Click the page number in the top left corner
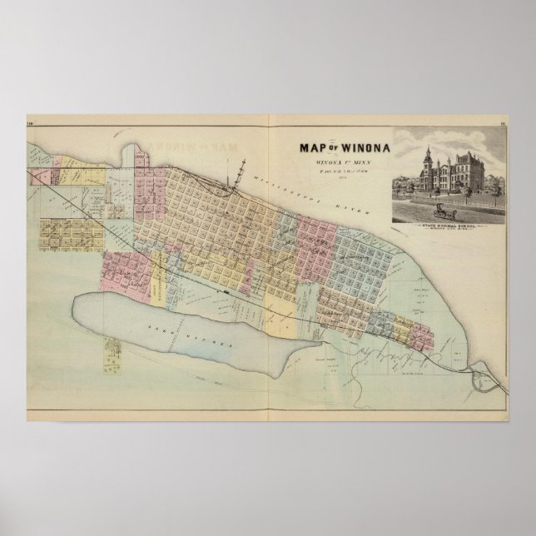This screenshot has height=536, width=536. coord(31,126)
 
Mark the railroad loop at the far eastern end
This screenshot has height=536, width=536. coord(482,359)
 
